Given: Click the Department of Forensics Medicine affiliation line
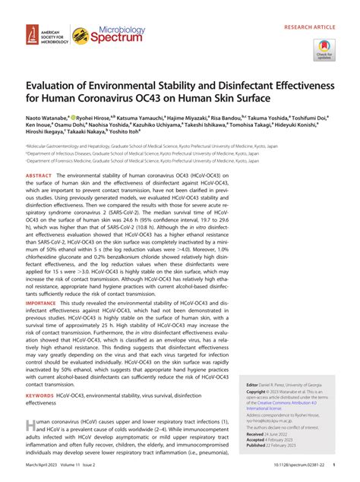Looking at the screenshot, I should [141, 162].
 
